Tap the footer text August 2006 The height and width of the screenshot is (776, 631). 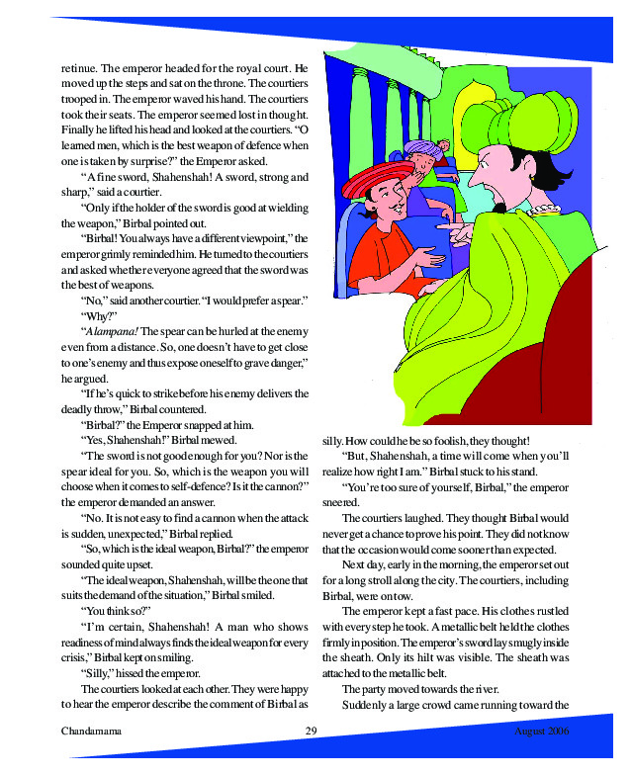(x=543, y=731)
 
